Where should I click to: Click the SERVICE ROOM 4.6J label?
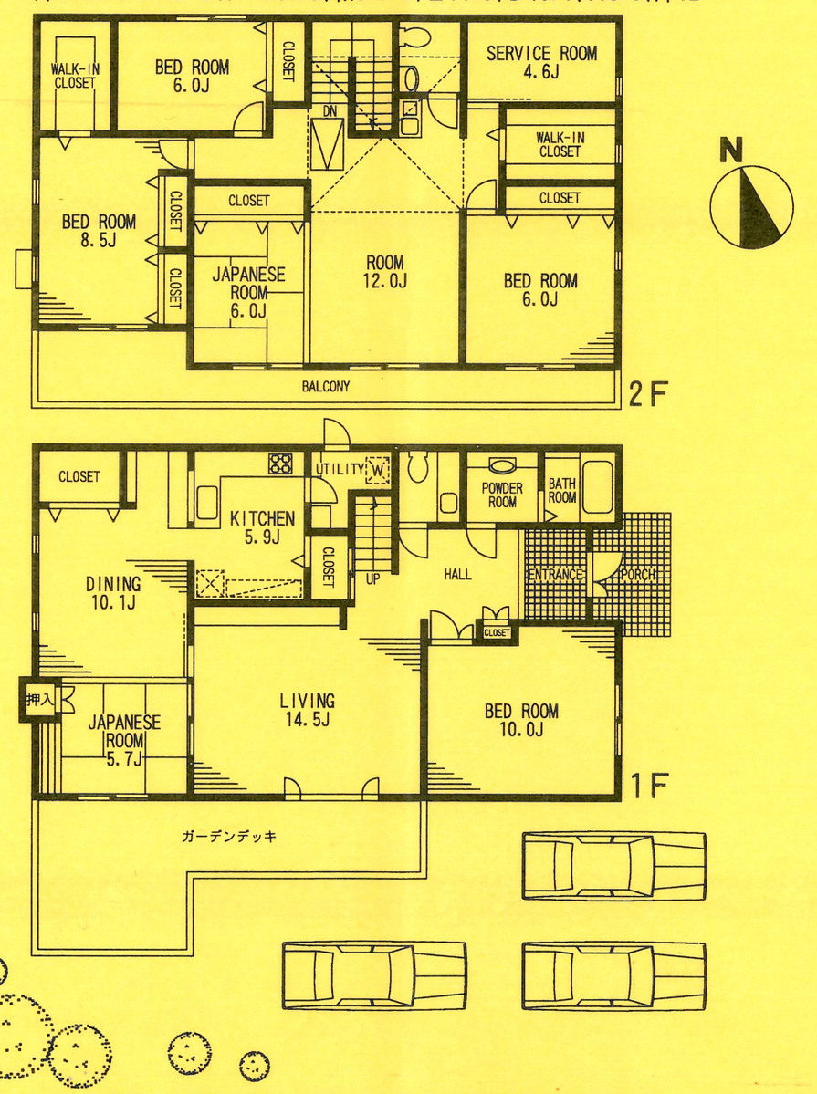click(541, 61)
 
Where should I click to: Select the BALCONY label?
click(326, 387)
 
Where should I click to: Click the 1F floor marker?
click(650, 784)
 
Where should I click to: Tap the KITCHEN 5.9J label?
click(262, 526)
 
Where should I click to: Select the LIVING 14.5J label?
click(307, 710)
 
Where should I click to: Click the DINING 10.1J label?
click(113, 592)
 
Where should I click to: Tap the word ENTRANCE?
click(554, 575)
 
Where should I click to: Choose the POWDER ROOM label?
click(502, 495)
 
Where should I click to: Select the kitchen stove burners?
click(279, 464)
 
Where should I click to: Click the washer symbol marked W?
click(378, 470)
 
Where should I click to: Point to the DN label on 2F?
click(329, 111)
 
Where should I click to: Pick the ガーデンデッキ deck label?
click(229, 836)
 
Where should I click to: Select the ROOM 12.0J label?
click(383, 272)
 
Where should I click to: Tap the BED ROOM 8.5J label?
click(99, 230)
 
